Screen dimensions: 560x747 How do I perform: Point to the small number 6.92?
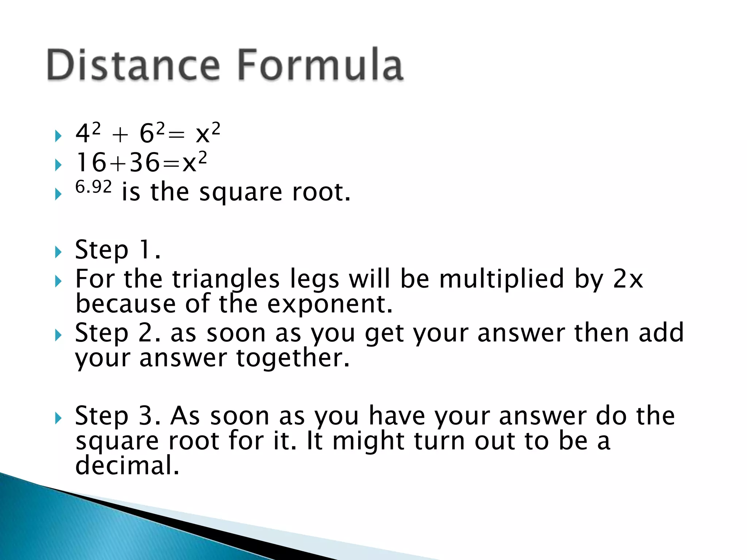(93, 187)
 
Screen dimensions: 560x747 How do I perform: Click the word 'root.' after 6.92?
(321, 192)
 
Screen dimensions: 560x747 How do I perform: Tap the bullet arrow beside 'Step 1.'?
(58, 252)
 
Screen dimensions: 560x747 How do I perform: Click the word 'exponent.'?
(330, 304)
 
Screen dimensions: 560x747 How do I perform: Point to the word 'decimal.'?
(127, 466)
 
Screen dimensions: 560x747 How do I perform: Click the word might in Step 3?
(368, 441)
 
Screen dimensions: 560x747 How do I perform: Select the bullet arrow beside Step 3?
(58, 418)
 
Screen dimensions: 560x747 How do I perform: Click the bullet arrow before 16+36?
(58, 165)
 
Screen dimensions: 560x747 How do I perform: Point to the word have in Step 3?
(397, 416)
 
